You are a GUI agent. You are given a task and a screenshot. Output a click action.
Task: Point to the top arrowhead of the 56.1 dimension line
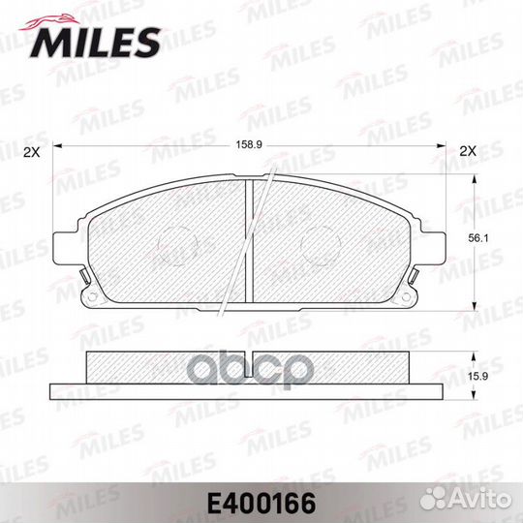(474, 178)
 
